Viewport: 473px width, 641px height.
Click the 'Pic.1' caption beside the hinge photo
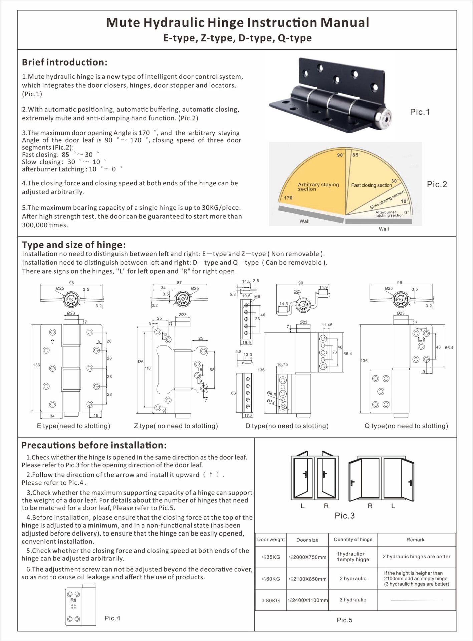coord(420,112)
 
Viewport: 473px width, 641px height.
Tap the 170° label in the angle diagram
coord(289,198)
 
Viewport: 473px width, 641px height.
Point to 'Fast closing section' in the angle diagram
coord(371,185)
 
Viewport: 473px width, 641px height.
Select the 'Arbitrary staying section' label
coord(318,187)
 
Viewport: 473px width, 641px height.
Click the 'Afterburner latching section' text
coord(389,214)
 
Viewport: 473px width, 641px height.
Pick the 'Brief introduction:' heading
coord(65,62)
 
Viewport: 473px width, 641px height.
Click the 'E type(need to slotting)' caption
coord(73,426)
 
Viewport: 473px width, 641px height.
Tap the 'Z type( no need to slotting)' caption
coord(176,426)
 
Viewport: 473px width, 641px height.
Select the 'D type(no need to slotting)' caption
coord(287,426)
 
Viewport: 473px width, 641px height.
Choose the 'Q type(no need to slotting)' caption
coord(406,426)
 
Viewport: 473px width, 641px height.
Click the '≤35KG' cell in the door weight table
coord(271,557)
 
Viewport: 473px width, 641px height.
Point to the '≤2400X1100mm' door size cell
coord(307,600)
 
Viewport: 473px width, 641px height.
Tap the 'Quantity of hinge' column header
coord(353,539)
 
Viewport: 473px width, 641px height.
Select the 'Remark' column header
coord(415,540)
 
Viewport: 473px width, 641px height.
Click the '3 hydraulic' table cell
coord(353,600)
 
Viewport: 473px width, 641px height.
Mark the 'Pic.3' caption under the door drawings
coord(344,516)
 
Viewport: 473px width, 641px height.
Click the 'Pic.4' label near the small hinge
coord(112,618)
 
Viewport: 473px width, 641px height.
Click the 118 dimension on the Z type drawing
coord(147,368)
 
